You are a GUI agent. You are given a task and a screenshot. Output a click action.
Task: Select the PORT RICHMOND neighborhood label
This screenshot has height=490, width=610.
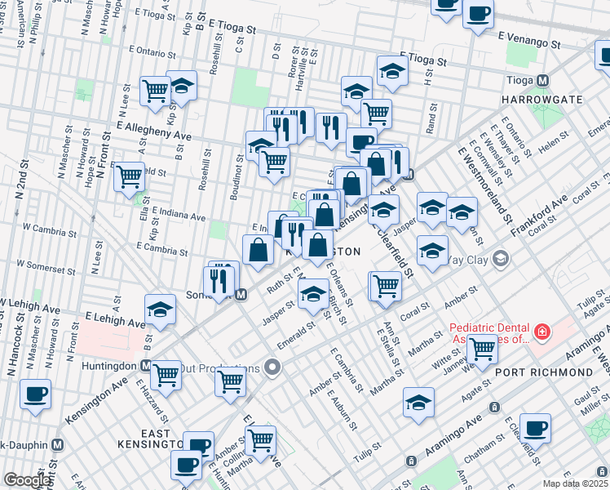(x=544, y=372)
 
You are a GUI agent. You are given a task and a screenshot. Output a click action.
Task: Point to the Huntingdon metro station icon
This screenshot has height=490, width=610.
(x=145, y=365)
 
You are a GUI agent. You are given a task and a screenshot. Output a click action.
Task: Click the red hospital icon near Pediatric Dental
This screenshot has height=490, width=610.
(x=541, y=332)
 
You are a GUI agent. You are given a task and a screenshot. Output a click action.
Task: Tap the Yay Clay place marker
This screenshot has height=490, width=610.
(x=500, y=261)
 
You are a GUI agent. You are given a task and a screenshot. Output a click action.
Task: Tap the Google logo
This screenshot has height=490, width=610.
(x=27, y=480)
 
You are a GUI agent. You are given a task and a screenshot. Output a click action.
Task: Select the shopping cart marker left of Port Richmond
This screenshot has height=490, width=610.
(x=483, y=349)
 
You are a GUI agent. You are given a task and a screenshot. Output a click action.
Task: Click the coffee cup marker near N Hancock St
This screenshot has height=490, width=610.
(x=36, y=394)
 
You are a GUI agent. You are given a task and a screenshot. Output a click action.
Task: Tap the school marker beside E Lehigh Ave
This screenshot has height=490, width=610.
(x=161, y=310)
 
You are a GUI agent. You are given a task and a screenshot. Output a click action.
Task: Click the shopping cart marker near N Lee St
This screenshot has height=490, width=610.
(x=129, y=176)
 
